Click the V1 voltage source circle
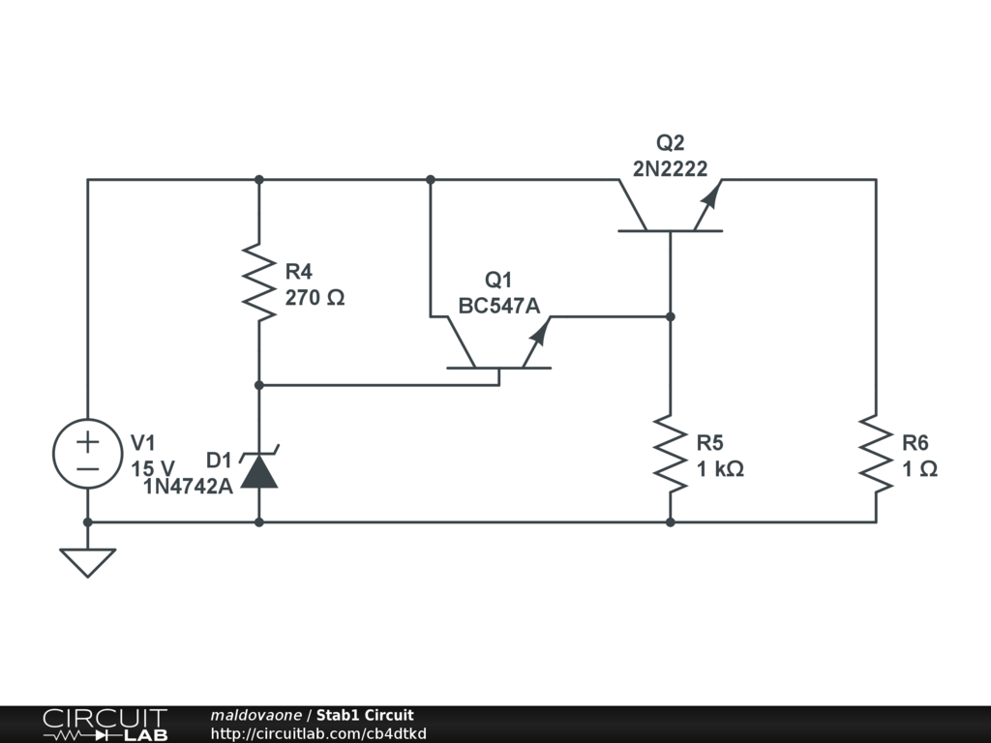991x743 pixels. tap(87, 454)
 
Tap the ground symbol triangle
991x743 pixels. tap(87, 560)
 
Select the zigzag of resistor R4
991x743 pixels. tap(259, 282)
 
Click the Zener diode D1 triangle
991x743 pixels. tap(259, 471)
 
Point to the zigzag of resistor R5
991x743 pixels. tap(670, 453)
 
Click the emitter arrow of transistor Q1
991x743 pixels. tap(538, 334)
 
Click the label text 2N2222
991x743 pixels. tap(671, 168)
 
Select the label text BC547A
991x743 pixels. tap(498, 306)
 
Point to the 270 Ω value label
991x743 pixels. tap(315, 298)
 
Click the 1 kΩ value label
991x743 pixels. tap(720, 469)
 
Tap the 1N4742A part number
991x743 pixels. tap(188, 487)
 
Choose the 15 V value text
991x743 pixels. tap(154, 469)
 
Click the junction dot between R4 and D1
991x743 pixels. tap(259, 385)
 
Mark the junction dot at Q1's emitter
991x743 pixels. tap(670, 316)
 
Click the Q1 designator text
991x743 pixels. tap(497, 281)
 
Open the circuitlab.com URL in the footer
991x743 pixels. tap(318, 733)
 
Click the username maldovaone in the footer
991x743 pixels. tap(255, 715)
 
